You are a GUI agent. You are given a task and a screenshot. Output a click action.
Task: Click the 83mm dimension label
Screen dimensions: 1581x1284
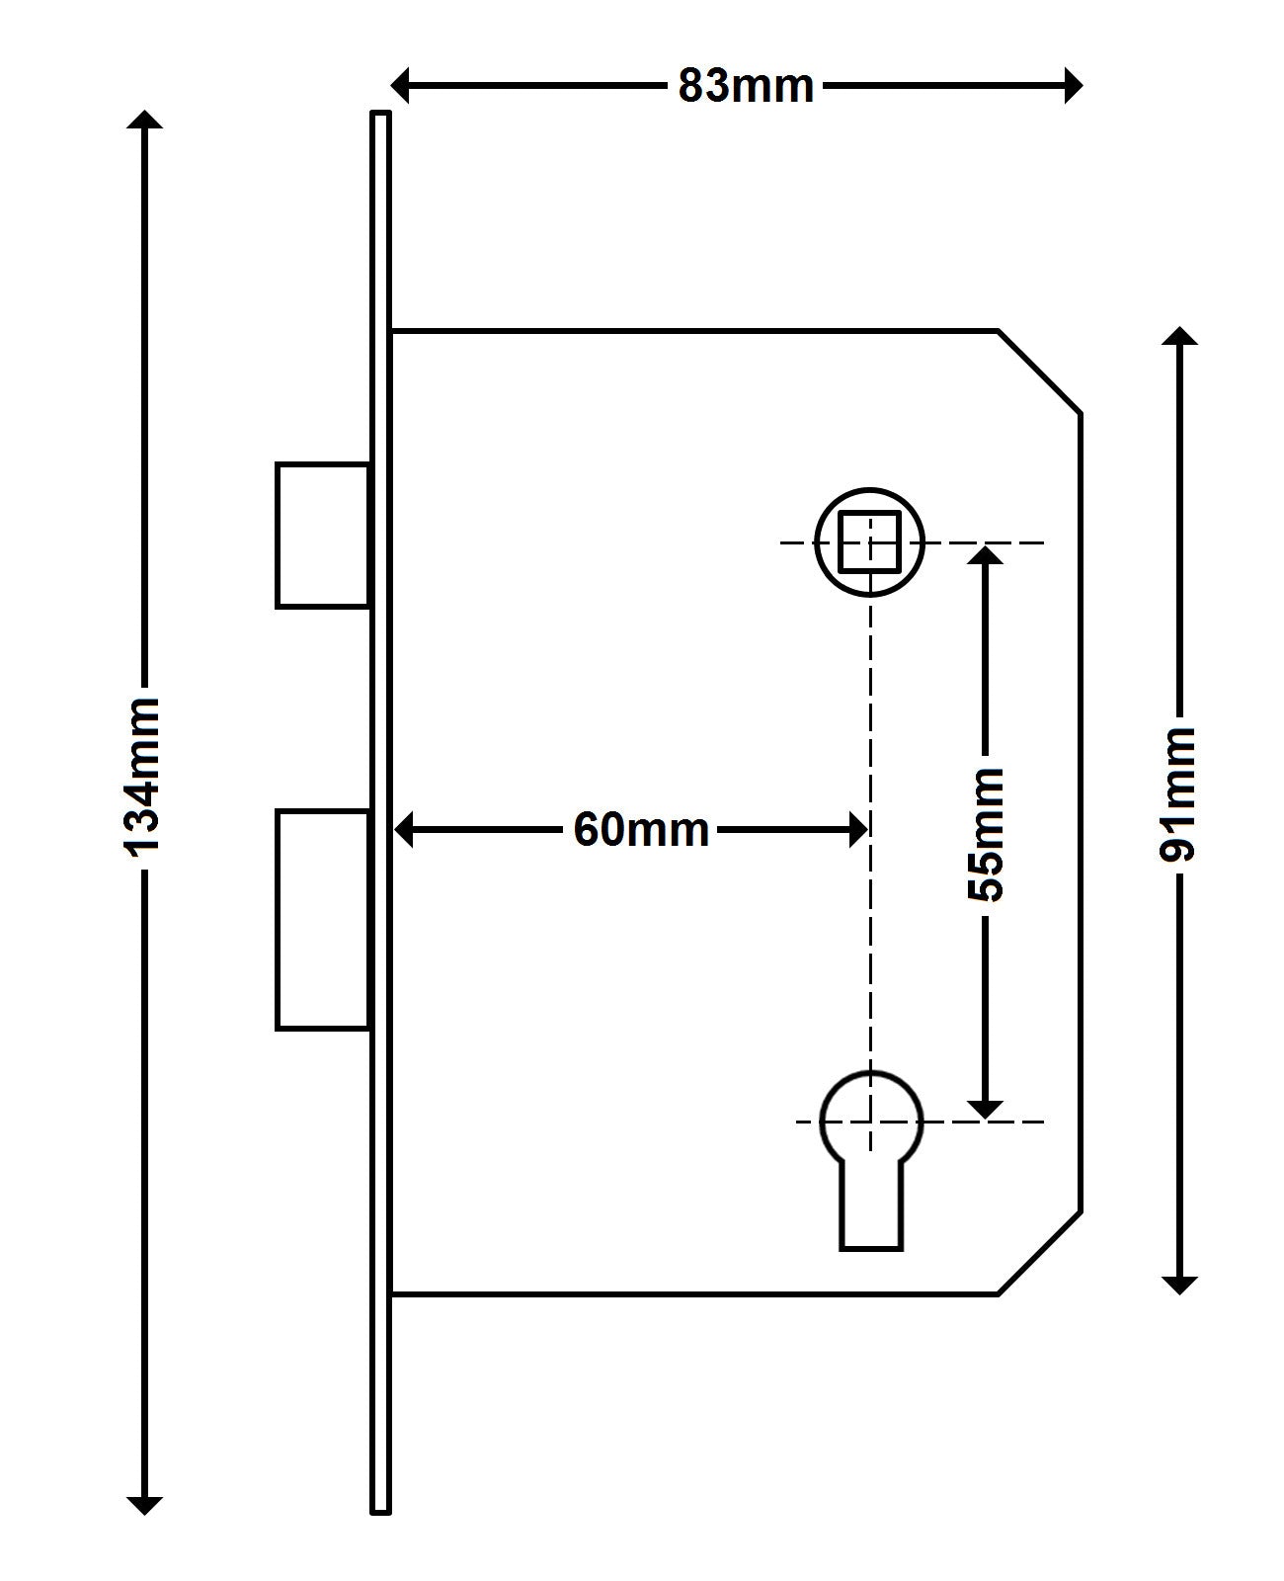tap(746, 86)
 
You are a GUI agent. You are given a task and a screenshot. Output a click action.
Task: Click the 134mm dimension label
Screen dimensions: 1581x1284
tap(140, 775)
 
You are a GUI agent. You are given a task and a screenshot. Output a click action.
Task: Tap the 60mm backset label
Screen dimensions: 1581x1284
tap(641, 829)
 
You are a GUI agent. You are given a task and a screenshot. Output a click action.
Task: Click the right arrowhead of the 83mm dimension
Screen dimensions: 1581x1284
tap(1073, 86)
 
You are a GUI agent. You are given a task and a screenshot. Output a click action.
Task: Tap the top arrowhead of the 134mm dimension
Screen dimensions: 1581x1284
tap(145, 122)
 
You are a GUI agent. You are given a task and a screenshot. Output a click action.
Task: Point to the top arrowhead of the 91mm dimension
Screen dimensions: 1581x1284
tap(1179, 336)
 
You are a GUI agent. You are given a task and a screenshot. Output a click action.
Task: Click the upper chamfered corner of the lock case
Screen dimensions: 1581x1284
tap(1040, 372)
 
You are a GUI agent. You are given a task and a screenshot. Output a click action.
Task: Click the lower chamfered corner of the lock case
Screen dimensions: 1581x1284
tap(1040, 1252)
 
